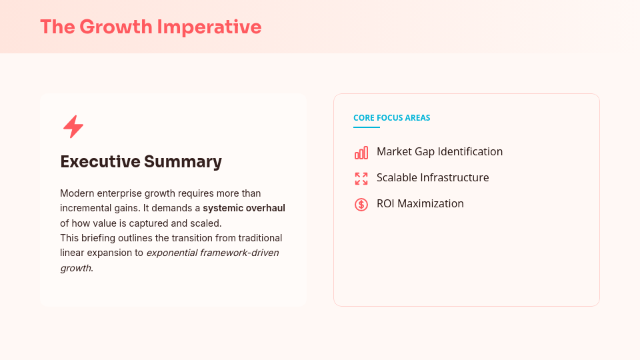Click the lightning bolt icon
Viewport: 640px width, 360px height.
73,127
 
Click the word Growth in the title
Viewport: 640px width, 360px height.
115,27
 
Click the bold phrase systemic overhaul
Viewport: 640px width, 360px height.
244,208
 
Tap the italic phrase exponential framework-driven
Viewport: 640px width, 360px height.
212,253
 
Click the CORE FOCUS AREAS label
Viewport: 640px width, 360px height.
392,118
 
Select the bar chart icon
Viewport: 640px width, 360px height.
361,153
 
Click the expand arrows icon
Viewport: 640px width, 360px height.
361,178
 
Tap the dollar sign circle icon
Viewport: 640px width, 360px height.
361,205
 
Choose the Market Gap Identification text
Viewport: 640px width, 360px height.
439,152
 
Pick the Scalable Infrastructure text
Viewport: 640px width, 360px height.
433,178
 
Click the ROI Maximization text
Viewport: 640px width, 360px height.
420,204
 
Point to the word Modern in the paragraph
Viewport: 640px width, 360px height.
76,193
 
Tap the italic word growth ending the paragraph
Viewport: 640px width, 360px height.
76,268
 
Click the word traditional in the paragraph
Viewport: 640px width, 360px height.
258,238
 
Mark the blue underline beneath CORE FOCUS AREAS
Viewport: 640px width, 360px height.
367,127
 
